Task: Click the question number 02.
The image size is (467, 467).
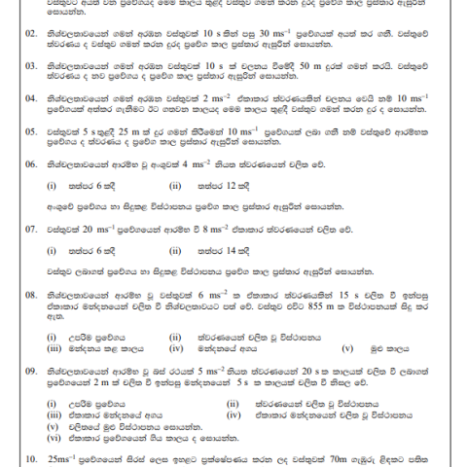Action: (32, 31)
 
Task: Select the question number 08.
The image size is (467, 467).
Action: (32, 293)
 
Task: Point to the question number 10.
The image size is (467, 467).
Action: (32, 455)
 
